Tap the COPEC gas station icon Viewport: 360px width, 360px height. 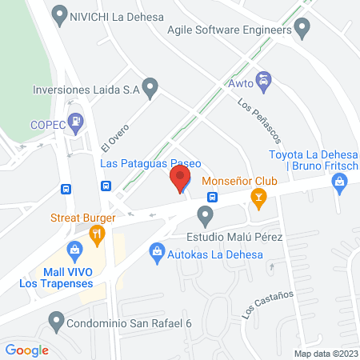click(76, 123)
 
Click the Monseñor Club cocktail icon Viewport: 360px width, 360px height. click(258, 197)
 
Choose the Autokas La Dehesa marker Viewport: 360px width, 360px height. click(157, 256)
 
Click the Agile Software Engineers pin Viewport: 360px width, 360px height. click(302, 31)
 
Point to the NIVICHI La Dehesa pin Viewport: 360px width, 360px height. click(58, 13)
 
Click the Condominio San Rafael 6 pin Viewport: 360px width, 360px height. click(56, 323)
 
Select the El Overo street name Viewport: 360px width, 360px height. click(114, 138)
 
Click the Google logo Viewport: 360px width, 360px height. click(26, 350)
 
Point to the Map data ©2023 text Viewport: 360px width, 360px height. click(325, 354)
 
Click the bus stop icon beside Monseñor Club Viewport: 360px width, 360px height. click(213, 197)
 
